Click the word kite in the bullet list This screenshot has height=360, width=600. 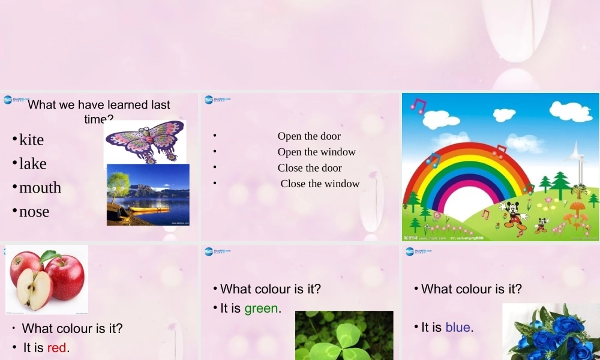[x=31, y=140]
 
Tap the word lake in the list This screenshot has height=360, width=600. [x=32, y=164]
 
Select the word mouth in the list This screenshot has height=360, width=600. [x=40, y=188]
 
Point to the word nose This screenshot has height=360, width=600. [x=34, y=212]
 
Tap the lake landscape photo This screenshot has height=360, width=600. [x=148, y=194]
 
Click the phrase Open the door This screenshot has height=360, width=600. [x=309, y=136]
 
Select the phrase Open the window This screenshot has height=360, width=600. [x=317, y=152]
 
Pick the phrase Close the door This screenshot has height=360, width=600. [x=310, y=168]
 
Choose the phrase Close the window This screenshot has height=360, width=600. [x=320, y=184]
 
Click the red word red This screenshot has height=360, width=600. [x=57, y=347]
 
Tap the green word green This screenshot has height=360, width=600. [x=261, y=308]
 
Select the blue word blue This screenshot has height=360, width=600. [x=458, y=327]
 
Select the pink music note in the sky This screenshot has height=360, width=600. [x=418, y=106]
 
